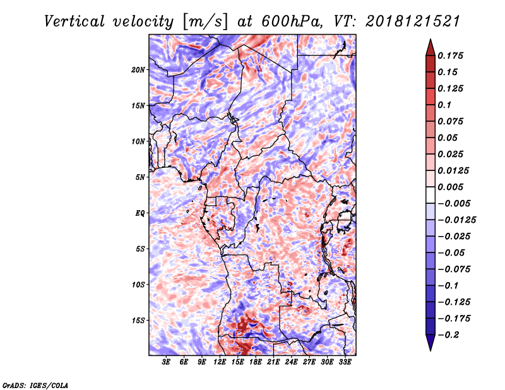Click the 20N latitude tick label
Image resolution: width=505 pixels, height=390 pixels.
click(x=138, y=69)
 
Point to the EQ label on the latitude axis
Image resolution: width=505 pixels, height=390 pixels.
click(x=141, y=213)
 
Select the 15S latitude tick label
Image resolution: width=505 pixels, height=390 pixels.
click(x=138, y=321)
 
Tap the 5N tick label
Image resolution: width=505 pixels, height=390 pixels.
click(x=140, y=177)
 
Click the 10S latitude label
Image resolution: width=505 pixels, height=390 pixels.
click(x=138, y=285)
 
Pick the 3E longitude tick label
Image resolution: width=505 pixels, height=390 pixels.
click(x=167, y=362)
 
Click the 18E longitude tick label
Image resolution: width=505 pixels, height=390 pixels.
click(x=256, y=362)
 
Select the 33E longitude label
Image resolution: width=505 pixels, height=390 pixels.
click(x=345, y=362)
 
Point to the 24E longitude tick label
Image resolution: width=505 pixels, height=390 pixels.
click(x=292, y=362)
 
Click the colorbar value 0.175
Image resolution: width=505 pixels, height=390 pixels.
click(x=453, y=56)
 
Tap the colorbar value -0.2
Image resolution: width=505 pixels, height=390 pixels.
click(x=452, y=334)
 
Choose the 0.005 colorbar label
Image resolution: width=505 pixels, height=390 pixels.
click(x=453, y=187)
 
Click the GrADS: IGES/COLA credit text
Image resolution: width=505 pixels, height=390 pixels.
click(x=35, y=384)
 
